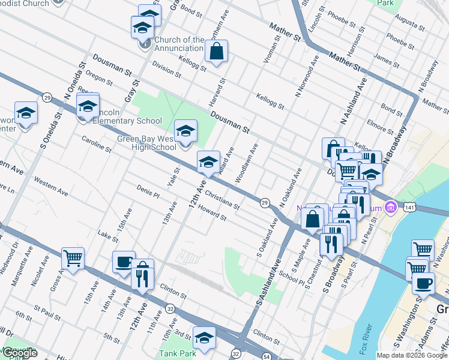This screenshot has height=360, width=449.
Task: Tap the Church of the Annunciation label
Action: coord(179,44)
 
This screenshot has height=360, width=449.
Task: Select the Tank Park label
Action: coord(178,353)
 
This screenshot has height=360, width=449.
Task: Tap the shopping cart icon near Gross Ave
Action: coord(73,259)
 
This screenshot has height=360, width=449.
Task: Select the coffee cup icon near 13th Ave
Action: coord(124,262)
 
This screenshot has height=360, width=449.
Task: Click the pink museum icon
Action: coord(391,207)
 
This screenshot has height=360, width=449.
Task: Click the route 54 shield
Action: coord(265,357)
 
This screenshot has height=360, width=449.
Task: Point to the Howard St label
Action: coord(212,214)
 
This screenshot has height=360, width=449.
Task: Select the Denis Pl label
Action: coord(148,191)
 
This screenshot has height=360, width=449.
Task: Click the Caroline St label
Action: coord(97,143)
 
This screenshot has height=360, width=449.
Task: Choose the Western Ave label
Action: coord(51,186)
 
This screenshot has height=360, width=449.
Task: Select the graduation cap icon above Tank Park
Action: coord(204,338)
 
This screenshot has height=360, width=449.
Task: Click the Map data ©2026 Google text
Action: coord(411,355)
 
